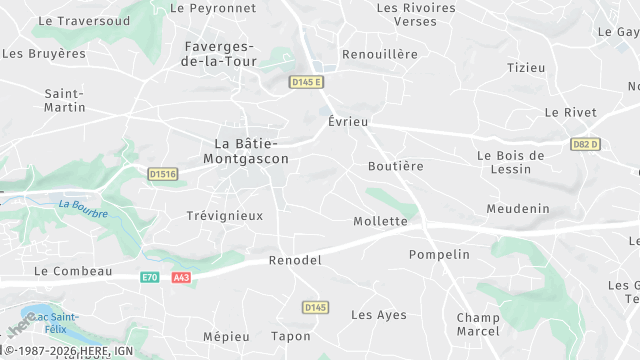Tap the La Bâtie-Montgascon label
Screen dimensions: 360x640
(x=245, y=151)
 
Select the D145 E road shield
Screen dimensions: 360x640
(x=306, y=82)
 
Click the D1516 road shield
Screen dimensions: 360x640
(x=162, y=174)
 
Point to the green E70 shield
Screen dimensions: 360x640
(x=150, y=277)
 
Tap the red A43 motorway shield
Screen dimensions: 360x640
(x=180, y=277)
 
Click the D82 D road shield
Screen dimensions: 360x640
(x=586, y=144)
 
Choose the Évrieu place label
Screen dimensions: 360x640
(x=348, y=121)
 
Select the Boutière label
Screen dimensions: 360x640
(x=396, y=166)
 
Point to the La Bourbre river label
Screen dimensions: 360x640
(x=82, y=208)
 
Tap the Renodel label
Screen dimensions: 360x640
(x=296, y=260)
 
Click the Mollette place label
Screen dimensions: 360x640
(x=381, y=221)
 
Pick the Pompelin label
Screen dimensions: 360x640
(x=439, y=255)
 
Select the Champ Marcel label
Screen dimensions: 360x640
(x=478, y=324)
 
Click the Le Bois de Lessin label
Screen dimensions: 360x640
(x=510, y=162)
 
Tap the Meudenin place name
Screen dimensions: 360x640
(x=518, y=209)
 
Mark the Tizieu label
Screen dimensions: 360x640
(x=526, y=68)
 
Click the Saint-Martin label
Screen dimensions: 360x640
(x=65, y=100)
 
